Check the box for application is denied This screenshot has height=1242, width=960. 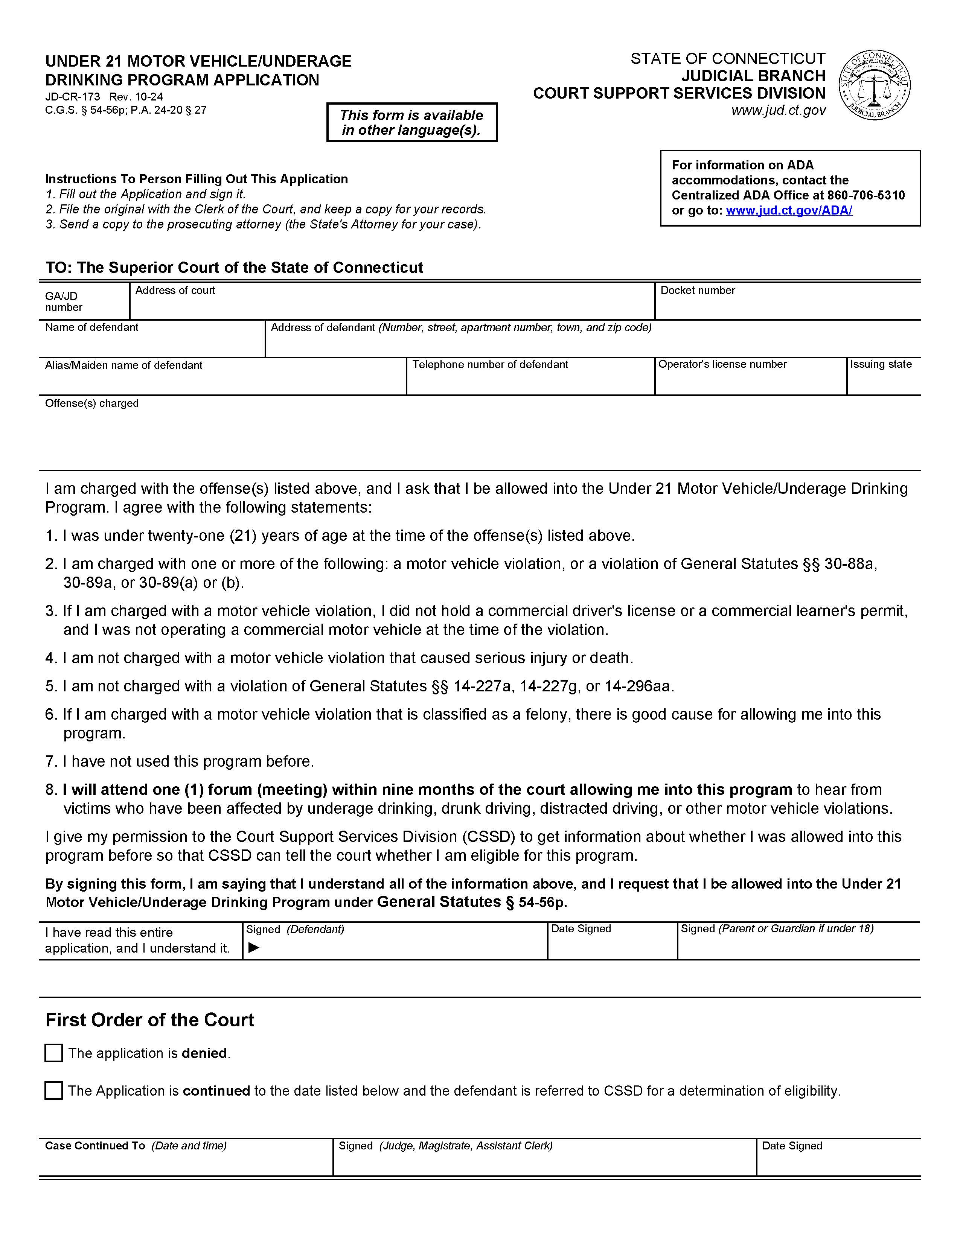coord(53,1053)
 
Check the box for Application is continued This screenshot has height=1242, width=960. coord(53,1090)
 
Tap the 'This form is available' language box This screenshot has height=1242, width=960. coord(412,122)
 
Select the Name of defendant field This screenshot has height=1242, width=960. coord(151,344)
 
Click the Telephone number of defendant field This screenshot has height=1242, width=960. coord(530,381)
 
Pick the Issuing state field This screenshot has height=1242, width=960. coord(883,381)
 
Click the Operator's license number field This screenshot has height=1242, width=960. coord(750,381)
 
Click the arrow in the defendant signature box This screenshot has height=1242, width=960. coord(254,947)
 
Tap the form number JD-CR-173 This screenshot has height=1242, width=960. coord(72,97)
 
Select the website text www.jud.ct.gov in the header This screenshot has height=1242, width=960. coord(778,110)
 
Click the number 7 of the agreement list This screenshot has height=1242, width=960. coord(50,761)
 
